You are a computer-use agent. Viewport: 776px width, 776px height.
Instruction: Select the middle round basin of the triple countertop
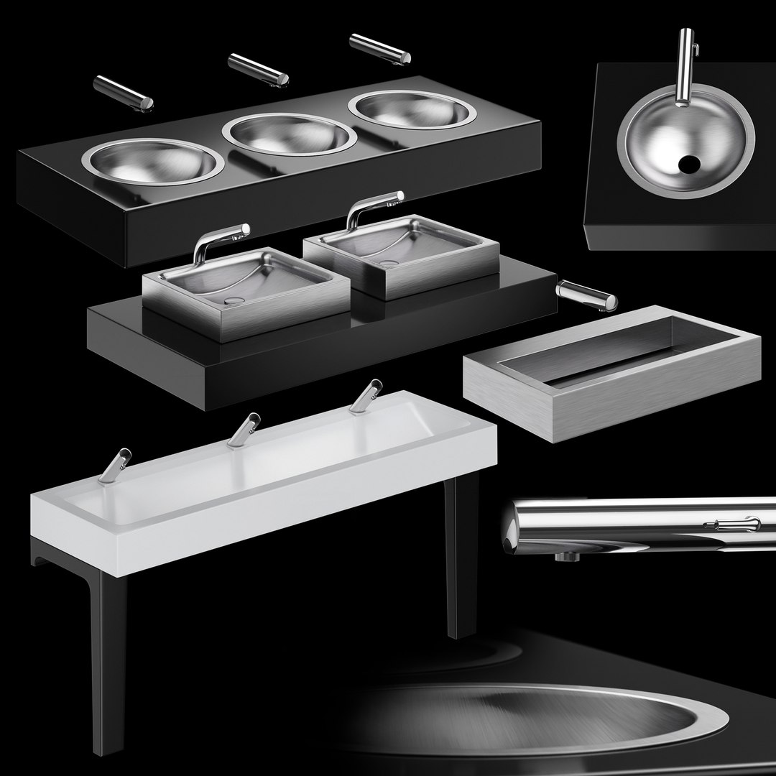288,134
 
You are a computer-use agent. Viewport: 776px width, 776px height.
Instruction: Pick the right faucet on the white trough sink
366,397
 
